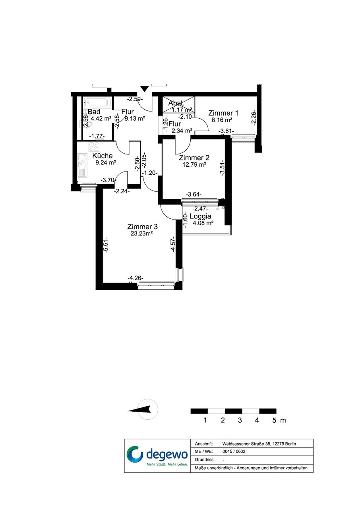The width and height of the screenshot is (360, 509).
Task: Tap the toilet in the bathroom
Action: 87,124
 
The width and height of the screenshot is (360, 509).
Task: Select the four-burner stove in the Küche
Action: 94,147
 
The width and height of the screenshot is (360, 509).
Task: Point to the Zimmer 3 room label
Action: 142,227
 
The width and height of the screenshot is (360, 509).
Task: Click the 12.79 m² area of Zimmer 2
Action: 194,164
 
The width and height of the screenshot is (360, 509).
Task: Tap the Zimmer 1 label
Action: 223,113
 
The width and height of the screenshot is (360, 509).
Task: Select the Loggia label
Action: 200,216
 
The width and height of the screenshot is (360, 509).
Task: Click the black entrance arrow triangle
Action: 144,89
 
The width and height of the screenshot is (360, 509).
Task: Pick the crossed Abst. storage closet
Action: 179,104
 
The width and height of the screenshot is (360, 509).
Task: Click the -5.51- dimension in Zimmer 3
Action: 106,245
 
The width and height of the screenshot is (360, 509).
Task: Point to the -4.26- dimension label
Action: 135,278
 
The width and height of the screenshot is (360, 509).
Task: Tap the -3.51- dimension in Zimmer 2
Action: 222,168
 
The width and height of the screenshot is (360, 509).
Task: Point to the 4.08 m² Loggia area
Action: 203,223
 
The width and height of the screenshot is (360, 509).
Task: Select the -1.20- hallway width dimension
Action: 150,173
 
